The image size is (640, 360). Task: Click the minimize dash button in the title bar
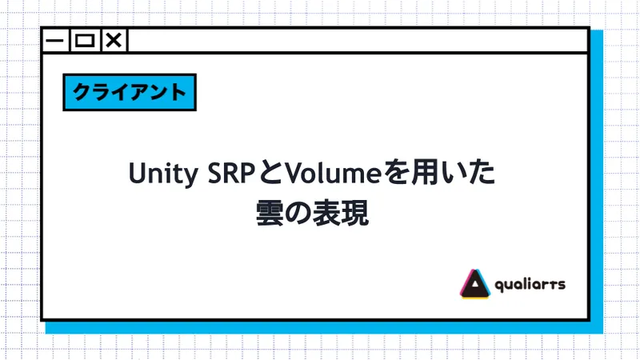coord(55,41)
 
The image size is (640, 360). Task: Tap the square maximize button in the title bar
coord(84,41)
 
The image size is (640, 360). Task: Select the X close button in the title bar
coord(114,41)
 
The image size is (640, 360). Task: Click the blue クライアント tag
coord(129,92)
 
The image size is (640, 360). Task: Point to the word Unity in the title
coord(158,174)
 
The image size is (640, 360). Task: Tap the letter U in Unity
coord(136,174)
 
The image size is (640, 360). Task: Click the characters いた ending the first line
coord(469,174)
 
